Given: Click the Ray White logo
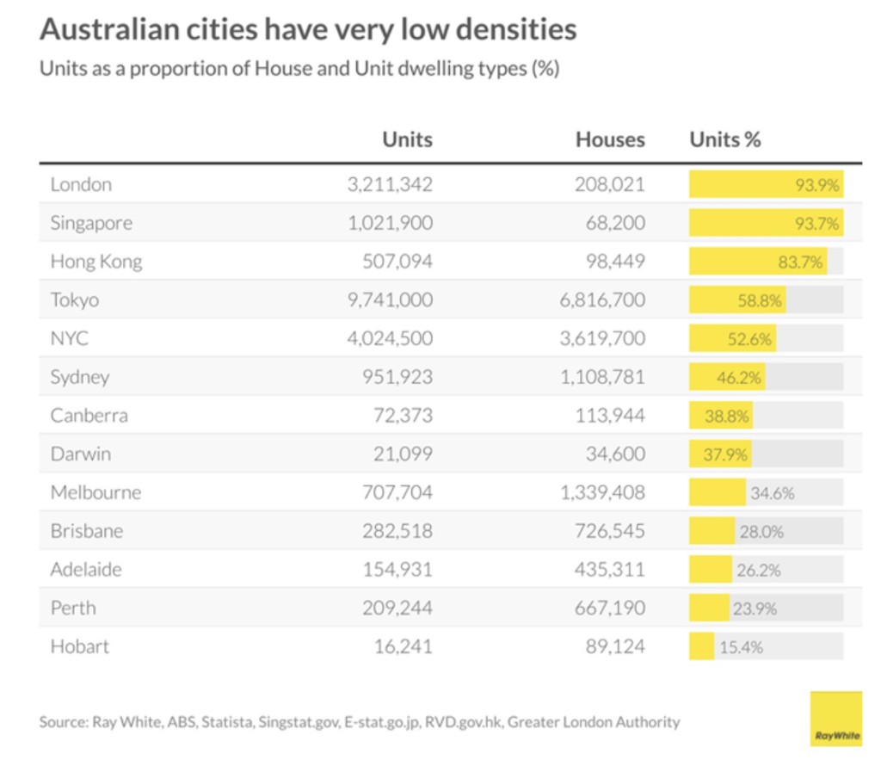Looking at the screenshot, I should click(x=835, y=718).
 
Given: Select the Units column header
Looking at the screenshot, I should click(x=407, y=139).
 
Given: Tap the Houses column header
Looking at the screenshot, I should click(x=610, y=139).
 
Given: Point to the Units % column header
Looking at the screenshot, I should click(x=725, y=139).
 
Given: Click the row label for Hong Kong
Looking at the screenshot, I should click(x=96, y=262).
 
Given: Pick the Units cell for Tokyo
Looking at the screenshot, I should click(x=390, y=300).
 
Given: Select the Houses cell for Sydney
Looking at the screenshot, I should click(x=601, y=377).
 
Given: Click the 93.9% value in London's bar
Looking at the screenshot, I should click(x=816, y=184).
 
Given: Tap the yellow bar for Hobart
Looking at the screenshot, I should click(x=701, y=646).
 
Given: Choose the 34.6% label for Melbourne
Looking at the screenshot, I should click(x=772, y=493).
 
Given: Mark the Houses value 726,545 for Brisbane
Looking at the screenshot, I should click(x=609, y=531).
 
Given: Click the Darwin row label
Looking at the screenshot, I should click(x=81, y=454).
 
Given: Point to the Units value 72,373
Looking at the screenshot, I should click(x=403, y=416).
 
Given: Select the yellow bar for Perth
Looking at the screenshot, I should click(x=709, y=608).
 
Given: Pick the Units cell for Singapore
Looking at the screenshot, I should click(x=390, y=223).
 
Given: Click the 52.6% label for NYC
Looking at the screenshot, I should click(x=749, y=339).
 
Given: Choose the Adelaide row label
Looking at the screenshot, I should click(x=86, y=570).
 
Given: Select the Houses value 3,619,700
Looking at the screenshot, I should click(x=601, y=338).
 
